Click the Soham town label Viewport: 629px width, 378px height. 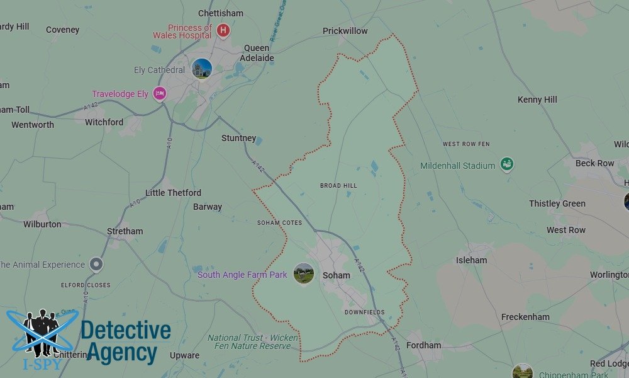pos(336,275)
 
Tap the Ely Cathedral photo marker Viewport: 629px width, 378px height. pos(202,69)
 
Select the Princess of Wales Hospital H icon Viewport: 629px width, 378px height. pos(223,30)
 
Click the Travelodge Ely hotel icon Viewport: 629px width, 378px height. pos(160,93)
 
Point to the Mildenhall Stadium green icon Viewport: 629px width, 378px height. pos(506,164)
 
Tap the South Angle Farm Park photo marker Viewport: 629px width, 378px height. pos(304,273)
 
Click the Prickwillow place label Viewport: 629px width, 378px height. pos(345,31)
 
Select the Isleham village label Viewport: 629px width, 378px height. pos(471,260)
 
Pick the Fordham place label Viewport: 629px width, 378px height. pos(423,345)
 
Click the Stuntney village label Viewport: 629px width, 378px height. pos(238,138)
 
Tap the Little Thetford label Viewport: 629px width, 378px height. pos(173,193)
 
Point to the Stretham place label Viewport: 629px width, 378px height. pos(125,231)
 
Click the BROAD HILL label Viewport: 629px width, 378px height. pos(338,186)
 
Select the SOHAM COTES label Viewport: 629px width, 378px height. pos(279,223)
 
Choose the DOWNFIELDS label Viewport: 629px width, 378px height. pos(364,312)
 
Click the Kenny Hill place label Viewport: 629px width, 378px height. pos(537,100)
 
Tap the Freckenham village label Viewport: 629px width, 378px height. pos(525,317)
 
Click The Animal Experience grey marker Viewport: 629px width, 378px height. pos(96,265)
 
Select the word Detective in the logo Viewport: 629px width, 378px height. pos(126,331)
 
